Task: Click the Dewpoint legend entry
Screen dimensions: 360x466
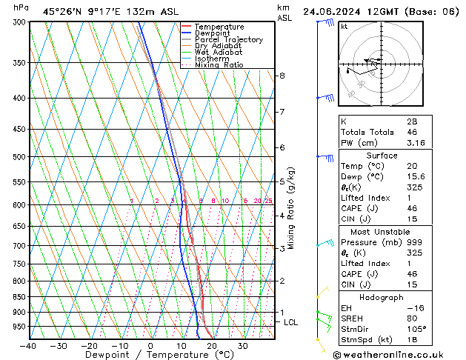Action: pos(213,33)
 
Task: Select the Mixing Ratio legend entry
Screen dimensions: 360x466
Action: pos(219,65)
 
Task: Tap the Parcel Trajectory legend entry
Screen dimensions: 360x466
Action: pos(228,40)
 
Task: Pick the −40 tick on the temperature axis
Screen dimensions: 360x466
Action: pos(27,346)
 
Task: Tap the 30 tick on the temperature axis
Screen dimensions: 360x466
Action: pos(242,346)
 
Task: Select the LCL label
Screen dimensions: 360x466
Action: pos(291,322)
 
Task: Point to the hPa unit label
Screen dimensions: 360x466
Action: pos(21,7)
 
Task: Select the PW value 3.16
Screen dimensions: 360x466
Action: pos(413,143)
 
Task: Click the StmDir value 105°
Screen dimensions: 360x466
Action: pos(415,329)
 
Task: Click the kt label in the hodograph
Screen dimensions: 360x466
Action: pos(344,26)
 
